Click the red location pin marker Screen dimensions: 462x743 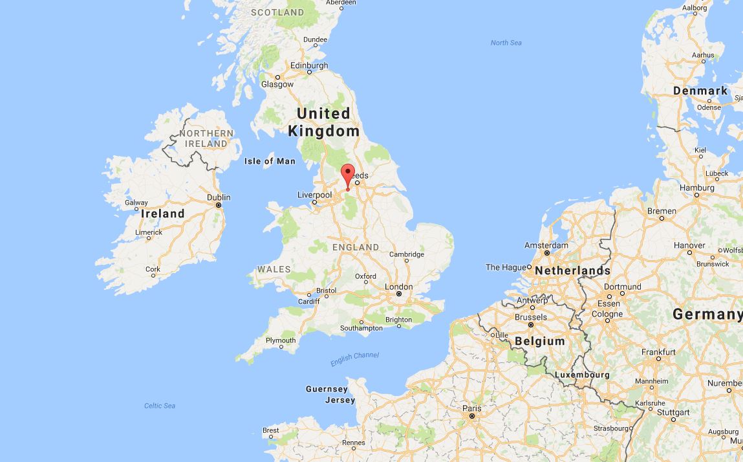click(x=348, y=175)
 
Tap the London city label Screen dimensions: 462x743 click(x=398, y=287)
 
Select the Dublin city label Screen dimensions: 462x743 click(x=219, y=197)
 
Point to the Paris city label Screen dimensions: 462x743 click(x=472, y=408)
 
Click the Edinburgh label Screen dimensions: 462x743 click(x=309, y=65)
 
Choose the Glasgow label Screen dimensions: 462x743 click(x=277, y=84)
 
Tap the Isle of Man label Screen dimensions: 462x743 click(x=270, y=161)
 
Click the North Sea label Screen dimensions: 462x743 click(x=506, y=43)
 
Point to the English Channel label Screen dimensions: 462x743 click(x=354, y=359)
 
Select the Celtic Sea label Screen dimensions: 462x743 click(x=160, y=406)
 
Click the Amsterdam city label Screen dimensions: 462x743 click(x=546, y=245)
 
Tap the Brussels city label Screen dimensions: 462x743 click(x=531, y=317)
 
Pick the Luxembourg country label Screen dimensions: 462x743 click(x=582, y=375)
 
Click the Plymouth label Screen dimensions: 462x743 click(x=281, y=340)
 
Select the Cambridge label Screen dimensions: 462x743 click(x=407, y=254)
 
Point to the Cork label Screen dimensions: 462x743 click(x=153, y=269)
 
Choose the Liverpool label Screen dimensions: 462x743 click(x=314, y=195)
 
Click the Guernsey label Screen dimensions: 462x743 click(x=327, y=389)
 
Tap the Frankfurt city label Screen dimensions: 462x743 click(x=659, y=352)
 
